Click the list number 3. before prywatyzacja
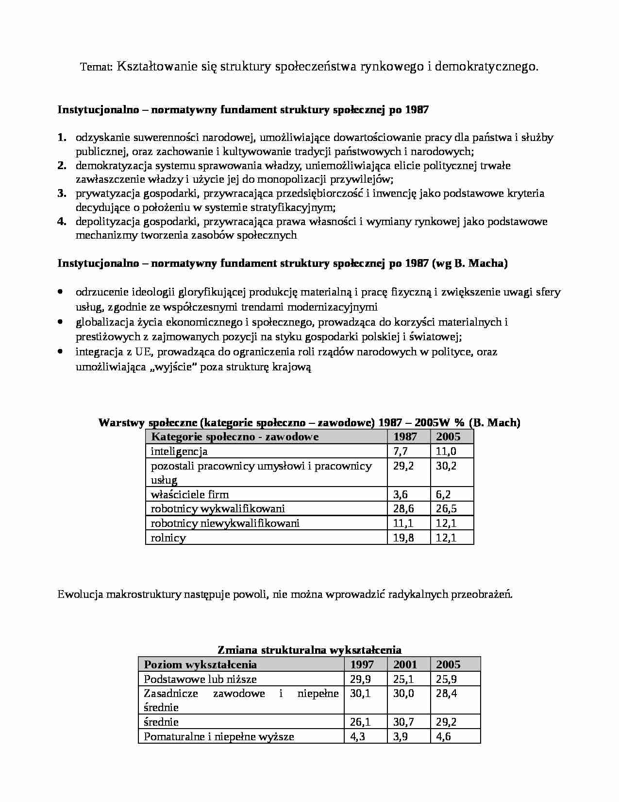click(62, 193)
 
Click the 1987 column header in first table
click(404, 436)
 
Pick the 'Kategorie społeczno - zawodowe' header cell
click(235, 436)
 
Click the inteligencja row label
click(179, 452)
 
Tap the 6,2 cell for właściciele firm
click(443, 495)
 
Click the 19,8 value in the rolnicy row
click(403, 538)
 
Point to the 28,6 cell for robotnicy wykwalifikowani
click(403, 509)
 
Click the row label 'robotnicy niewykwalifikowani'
click(225, 523)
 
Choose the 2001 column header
click(404, 664)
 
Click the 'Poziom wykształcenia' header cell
click(201, 664)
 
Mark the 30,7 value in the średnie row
click(403, 722)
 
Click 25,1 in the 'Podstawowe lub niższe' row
click(403, 679)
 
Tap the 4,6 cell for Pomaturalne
click(443, 737)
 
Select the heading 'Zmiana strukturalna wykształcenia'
click(309, 650)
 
